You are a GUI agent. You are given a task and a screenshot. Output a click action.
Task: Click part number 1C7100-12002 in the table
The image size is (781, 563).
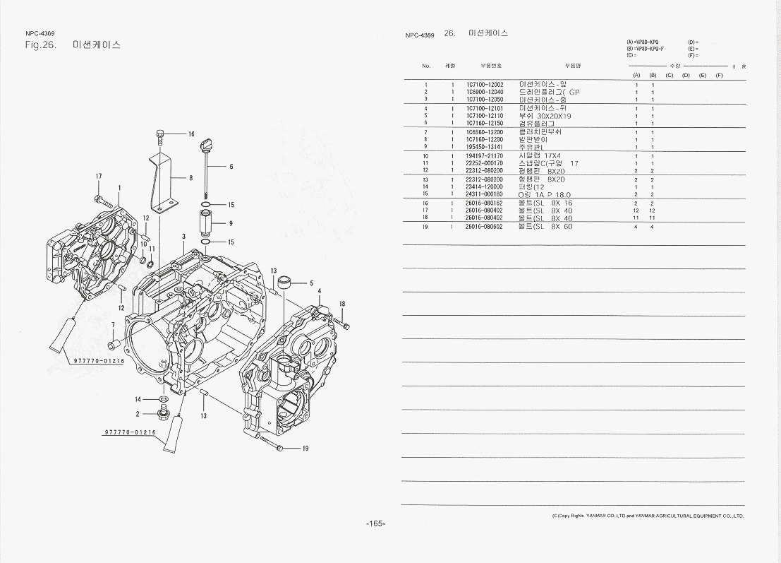coord(484,85)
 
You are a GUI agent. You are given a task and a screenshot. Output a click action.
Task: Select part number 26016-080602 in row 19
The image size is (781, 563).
coord(484,227)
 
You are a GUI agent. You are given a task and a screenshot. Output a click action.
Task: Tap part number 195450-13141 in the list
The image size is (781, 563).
coord(484,147)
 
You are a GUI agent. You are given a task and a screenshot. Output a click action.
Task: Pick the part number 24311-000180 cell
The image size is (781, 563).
coord(484,194)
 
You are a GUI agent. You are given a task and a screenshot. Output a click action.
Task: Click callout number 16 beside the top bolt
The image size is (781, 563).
coord(190,134)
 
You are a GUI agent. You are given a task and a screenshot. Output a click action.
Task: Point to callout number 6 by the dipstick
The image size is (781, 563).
coord(231,167)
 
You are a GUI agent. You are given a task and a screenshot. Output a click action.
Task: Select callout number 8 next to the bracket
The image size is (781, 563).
coord(190,178)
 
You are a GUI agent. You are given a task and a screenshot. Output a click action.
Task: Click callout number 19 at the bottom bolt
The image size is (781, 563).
coord(305,449)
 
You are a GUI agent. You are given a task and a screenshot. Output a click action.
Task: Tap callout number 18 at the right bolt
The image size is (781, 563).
coord(342,304)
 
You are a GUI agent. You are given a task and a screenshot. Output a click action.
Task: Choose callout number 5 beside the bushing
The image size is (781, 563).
coord(311,283)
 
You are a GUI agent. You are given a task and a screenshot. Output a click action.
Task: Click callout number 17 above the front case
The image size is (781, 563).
coord(99,176)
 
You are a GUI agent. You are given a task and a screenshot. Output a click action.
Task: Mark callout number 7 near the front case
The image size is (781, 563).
coord(113,325)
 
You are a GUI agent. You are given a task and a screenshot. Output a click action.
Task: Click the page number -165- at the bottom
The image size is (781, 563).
coord(375,523)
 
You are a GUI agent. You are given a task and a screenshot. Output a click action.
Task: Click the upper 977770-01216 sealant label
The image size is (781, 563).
coord(99,361)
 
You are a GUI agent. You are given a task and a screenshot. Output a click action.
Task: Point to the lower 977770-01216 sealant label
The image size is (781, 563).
coord(129,432)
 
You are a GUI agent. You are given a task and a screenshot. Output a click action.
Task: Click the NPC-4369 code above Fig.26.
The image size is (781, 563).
coord(40,33)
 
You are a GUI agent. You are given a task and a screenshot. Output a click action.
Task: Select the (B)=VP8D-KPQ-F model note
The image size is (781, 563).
coord(646,48)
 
